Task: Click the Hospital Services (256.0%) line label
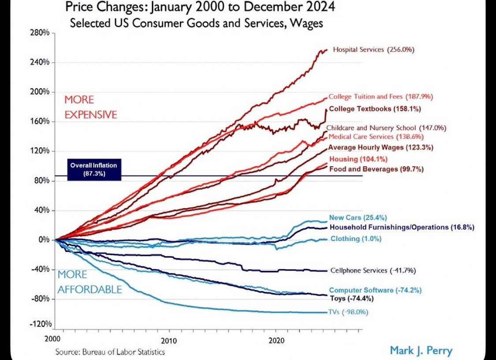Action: (x=373, y=50)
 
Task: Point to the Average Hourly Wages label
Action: (x=380, y=147)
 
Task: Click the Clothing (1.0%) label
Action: (x=356, y=239)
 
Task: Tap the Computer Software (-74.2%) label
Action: (x=375, y=290)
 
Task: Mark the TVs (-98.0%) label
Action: (x=348, y=312)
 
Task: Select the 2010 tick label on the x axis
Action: (x=169, y=341)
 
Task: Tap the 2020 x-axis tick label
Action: (x=276, y=341)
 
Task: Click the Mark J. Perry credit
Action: (x=421, y=351)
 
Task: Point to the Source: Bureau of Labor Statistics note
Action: (x=110, y=352)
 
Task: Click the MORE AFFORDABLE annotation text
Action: (x=90, y=282)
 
